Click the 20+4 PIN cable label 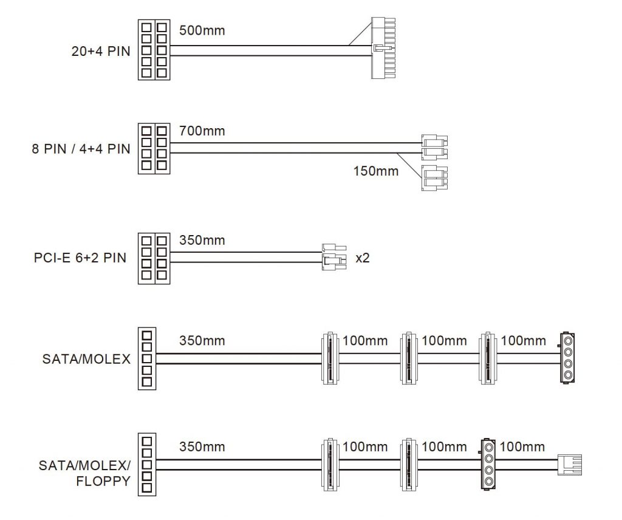101,51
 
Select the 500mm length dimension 202,30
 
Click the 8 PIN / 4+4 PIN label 81,149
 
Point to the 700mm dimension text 202,131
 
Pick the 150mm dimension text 376,171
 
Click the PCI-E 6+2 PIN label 80,258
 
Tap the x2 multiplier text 363,258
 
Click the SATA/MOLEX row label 86,359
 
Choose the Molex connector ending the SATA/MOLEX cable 567,358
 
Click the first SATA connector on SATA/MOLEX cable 329,358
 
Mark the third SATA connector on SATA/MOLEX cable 488,358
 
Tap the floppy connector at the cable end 569,464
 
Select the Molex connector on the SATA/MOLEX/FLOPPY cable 488,464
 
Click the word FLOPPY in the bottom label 103,482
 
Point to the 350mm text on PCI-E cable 202,240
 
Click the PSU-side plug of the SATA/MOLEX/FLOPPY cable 146,464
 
